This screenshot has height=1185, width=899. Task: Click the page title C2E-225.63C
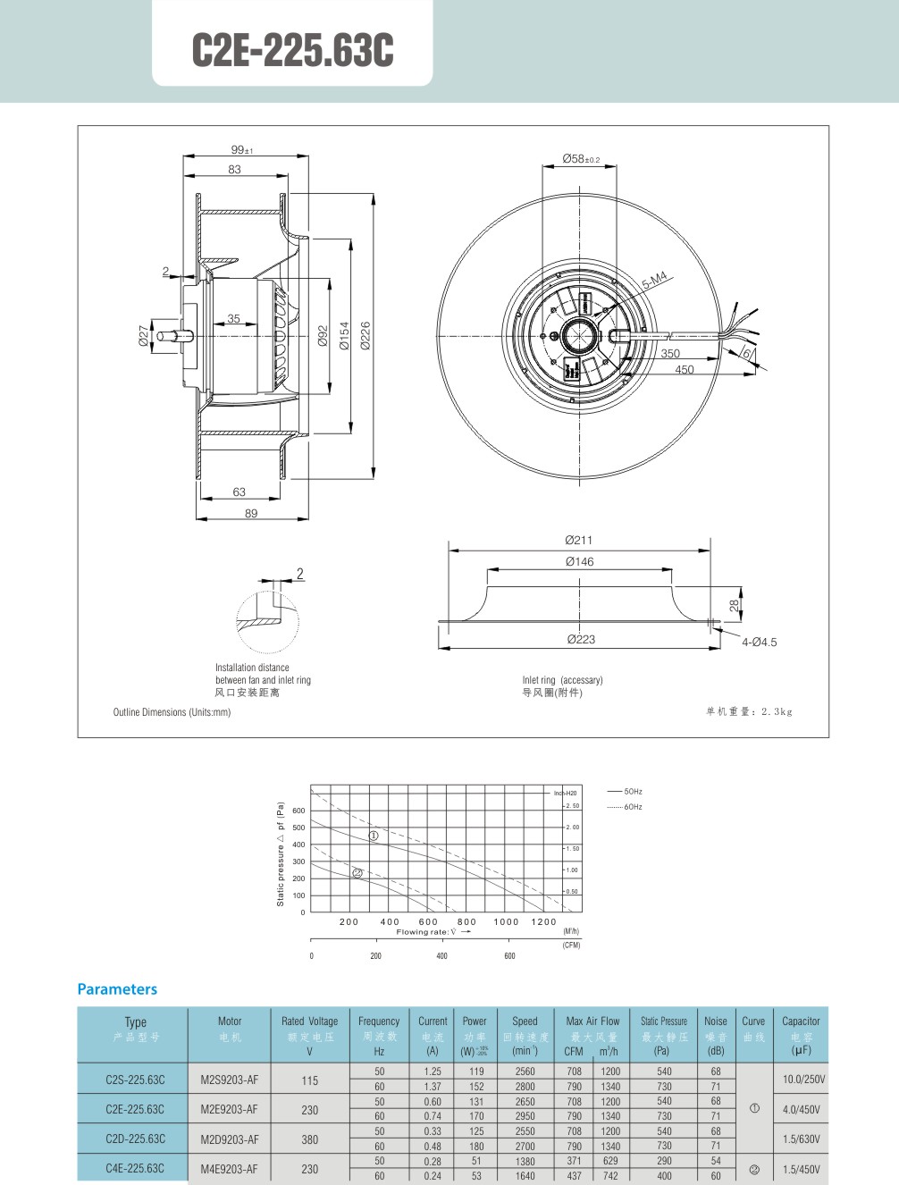point(292,50)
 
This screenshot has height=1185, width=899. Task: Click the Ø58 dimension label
point(580,159)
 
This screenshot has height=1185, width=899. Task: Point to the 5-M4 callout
point(654,281)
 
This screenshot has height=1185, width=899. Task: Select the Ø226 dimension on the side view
point(365,335)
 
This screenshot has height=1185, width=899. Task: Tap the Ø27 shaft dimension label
point(144,336)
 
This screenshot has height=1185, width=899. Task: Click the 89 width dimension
point(251,514)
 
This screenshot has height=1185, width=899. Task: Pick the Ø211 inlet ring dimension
point(578,540)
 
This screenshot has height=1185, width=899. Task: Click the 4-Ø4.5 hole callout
point(759,642)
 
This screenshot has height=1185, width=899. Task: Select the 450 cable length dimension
point(685,369)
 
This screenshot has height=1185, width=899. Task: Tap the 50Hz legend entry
point(633,792)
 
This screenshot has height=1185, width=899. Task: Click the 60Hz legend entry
point(633,807)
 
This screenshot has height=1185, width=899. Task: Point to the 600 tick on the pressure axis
point(298,811)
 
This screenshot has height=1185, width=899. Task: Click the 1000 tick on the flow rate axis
point(506,921)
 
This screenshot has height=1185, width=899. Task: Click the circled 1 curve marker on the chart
point(374,836)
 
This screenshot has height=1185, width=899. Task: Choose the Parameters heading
point(117,989)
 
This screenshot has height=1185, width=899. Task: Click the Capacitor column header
point(801,1021)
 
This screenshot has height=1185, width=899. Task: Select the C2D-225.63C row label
point(135,1139)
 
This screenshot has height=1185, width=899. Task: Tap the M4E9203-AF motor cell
point(229,1169)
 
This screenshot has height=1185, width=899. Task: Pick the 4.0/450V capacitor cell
point(802,1109)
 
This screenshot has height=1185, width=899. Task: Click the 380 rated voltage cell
point(309,1139)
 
